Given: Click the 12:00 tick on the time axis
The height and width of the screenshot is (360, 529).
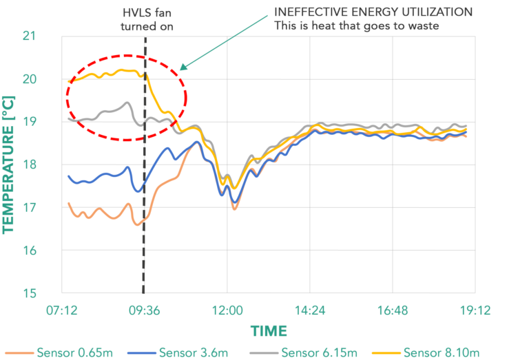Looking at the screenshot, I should [227, 310].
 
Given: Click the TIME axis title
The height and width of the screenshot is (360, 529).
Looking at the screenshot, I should [269, 330].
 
